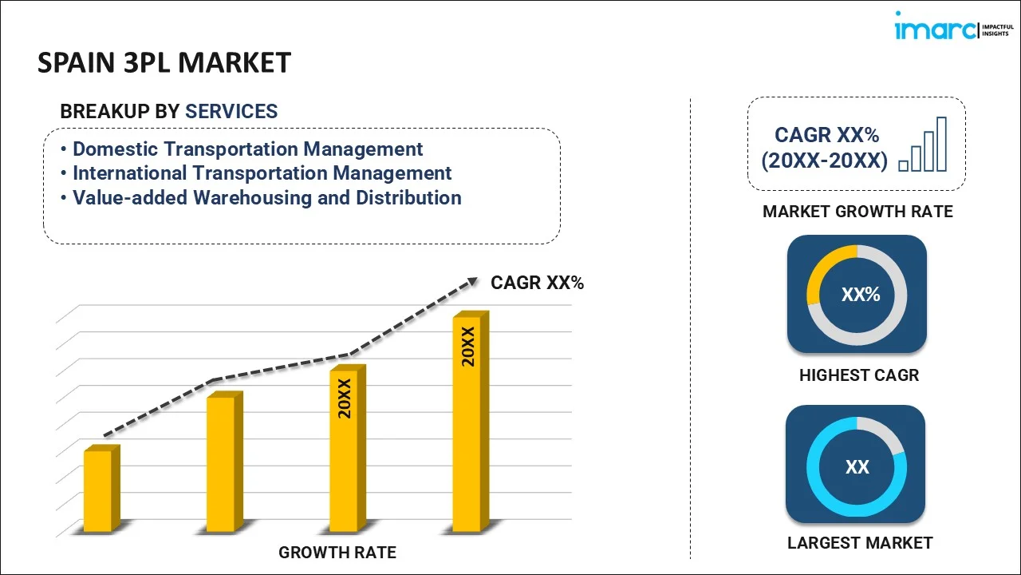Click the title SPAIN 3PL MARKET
(x=164, y=62)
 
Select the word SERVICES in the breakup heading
(x=231, y=112)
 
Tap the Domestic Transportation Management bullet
(x=247, y=149)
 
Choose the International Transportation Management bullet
(x=262, y=173)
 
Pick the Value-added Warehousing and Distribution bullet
(x=266, y=198)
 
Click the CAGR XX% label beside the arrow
(x=537, y=283)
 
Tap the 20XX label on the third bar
(x=345, y=399)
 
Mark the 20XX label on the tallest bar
(x=468, y=346)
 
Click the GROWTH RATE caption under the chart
(x=337, y=552)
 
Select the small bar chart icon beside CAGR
(x=923, y=145)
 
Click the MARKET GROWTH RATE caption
(x=857, y=212)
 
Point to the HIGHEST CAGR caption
(x=859, y=375)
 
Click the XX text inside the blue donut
(x=857, y=467)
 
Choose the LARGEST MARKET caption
(x=860, y=543)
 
